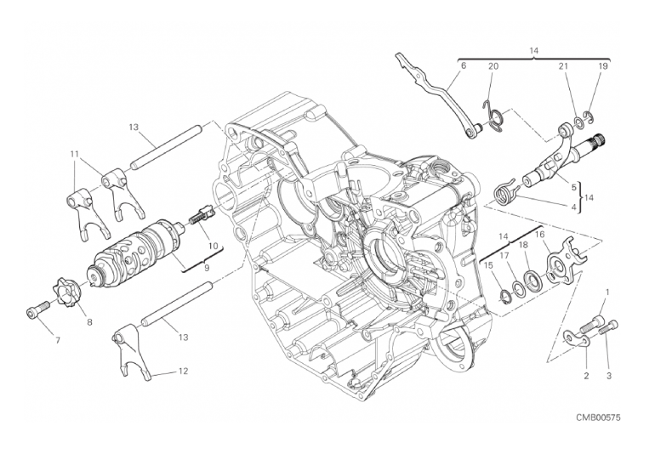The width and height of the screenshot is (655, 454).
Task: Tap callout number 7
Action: (x=58, y=340)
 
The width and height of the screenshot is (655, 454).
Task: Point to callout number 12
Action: (x=183, y=371)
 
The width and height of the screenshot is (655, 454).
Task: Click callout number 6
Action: (x=463, y=65)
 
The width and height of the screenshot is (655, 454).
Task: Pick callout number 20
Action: (x=493, y=65)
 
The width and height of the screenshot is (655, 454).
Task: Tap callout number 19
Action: (x=602, y=65)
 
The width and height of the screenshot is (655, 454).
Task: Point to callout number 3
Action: (x=608, y=374)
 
